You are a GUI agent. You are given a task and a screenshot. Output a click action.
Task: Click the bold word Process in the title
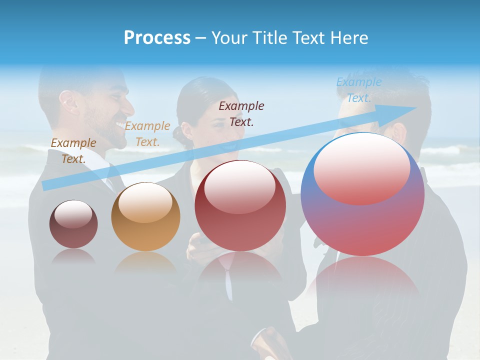click(x=157, y=38)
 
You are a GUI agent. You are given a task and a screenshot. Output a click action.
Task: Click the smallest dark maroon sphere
click(x=73, y=224)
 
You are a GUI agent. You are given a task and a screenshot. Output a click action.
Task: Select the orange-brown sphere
click(x=145, y=217)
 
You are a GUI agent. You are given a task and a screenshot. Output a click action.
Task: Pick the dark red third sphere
click(x=240, y=205)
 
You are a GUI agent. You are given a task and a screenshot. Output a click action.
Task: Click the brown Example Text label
click(x=73, y=150)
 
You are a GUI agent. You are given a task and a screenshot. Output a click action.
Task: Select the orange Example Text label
click(x=147, y=133)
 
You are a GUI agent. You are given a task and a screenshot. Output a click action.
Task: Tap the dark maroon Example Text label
click(x=241, y=113)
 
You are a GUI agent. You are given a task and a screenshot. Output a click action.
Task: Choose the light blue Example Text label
click(x=358, y=90)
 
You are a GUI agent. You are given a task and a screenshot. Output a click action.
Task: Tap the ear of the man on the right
click(x=398, y=132)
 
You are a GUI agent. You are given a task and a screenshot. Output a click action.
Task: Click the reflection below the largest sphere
click(x=362, y=280)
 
